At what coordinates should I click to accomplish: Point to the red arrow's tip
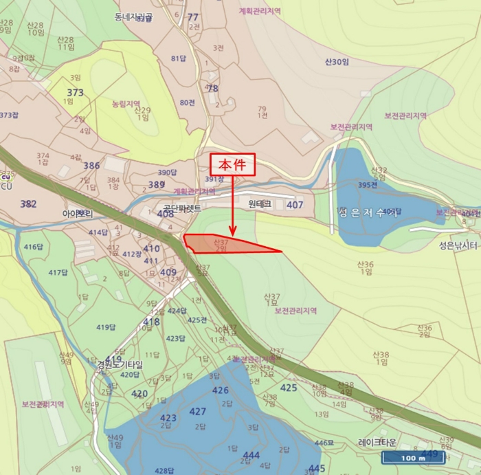click(233, 236)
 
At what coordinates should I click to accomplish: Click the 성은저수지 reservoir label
click(368, 213)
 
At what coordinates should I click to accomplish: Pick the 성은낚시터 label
click(458, 245)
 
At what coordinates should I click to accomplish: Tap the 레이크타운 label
click(378, 443)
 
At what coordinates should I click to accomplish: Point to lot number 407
click(295, 205)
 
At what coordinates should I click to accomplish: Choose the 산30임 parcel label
click(337, 62)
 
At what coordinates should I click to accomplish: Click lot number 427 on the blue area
click(198, 411)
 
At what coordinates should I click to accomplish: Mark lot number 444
click(251, 455)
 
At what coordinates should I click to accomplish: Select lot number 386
click(91, 166)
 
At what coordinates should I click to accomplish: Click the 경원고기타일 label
click(119, 365)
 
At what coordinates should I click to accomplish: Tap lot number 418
click(151, 322)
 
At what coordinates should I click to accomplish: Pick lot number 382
click(28, 204)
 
